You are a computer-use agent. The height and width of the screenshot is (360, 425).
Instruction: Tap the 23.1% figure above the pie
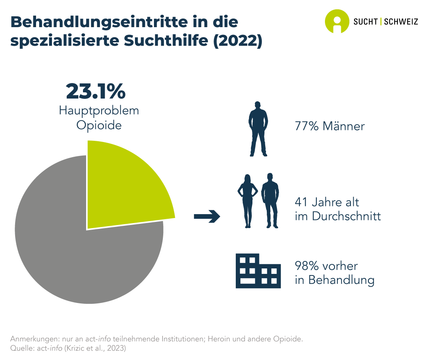[96, 92]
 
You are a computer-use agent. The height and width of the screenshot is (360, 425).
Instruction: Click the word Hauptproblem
[99, 111]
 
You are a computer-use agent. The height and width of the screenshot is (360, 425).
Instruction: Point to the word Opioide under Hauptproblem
[99, 125]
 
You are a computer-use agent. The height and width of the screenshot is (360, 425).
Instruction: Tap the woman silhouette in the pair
[247, 200]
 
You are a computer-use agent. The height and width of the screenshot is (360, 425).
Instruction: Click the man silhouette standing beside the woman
[270, 200]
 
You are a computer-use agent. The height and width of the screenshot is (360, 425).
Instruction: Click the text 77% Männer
[330, 126]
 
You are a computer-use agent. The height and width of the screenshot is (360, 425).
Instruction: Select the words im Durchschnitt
[338, 216]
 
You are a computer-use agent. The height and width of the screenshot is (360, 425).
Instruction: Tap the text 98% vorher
[326, 267]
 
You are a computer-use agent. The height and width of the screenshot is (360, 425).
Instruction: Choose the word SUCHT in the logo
[366, 22]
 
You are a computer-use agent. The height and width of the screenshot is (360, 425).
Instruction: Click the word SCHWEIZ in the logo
[401, 22]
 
